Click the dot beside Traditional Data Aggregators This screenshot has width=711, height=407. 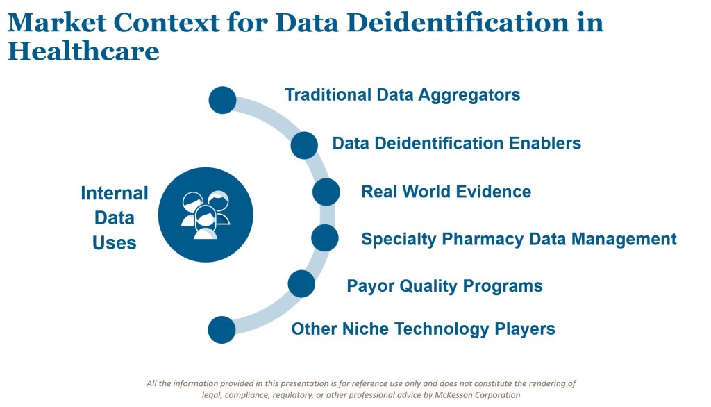point(222,100)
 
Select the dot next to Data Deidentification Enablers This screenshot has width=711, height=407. point(304,145)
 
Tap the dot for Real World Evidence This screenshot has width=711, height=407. point(326,192)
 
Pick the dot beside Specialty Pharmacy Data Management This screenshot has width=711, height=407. point(325,238)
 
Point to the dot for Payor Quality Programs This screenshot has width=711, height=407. point(301,284)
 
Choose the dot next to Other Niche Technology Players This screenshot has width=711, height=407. point(221,330)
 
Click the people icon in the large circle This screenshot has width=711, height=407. point(206,215)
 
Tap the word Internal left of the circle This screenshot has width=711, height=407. point(115,193)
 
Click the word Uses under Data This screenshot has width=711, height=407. point(115,243)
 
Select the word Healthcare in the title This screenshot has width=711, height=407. point(83,51)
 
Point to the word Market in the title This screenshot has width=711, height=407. point(57,23)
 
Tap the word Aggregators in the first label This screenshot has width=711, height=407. point(469,95)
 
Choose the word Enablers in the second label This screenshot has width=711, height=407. point(544,143)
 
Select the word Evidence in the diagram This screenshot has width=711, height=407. point(494,192)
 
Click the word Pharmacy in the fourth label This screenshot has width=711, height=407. point(483,240)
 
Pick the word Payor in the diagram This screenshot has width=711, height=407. point(367,287)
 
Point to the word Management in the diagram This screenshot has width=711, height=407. point(624,240)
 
